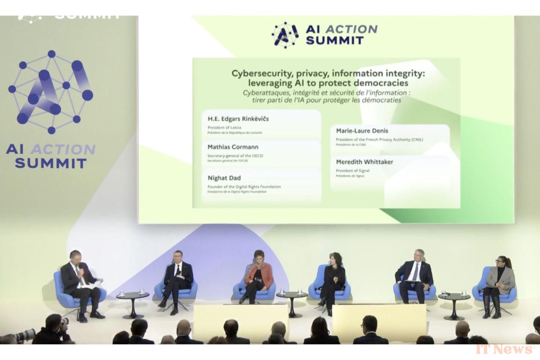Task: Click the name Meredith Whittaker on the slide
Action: point(364,162)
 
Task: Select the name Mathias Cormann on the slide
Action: point(233,147)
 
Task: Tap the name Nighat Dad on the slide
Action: point(224,178)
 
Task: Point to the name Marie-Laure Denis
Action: point(362,131)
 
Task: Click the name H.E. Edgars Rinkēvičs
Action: point(238,119)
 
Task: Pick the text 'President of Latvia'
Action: point(224,127)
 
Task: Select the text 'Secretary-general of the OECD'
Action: point(235,156)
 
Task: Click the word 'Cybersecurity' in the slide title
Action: point(258,73)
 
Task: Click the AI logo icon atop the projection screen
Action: point(285,35)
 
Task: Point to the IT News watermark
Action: point(505,349)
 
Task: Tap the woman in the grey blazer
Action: point(499,281)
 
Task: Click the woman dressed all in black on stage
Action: point(333,277)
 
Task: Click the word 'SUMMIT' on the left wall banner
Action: point(50,163)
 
